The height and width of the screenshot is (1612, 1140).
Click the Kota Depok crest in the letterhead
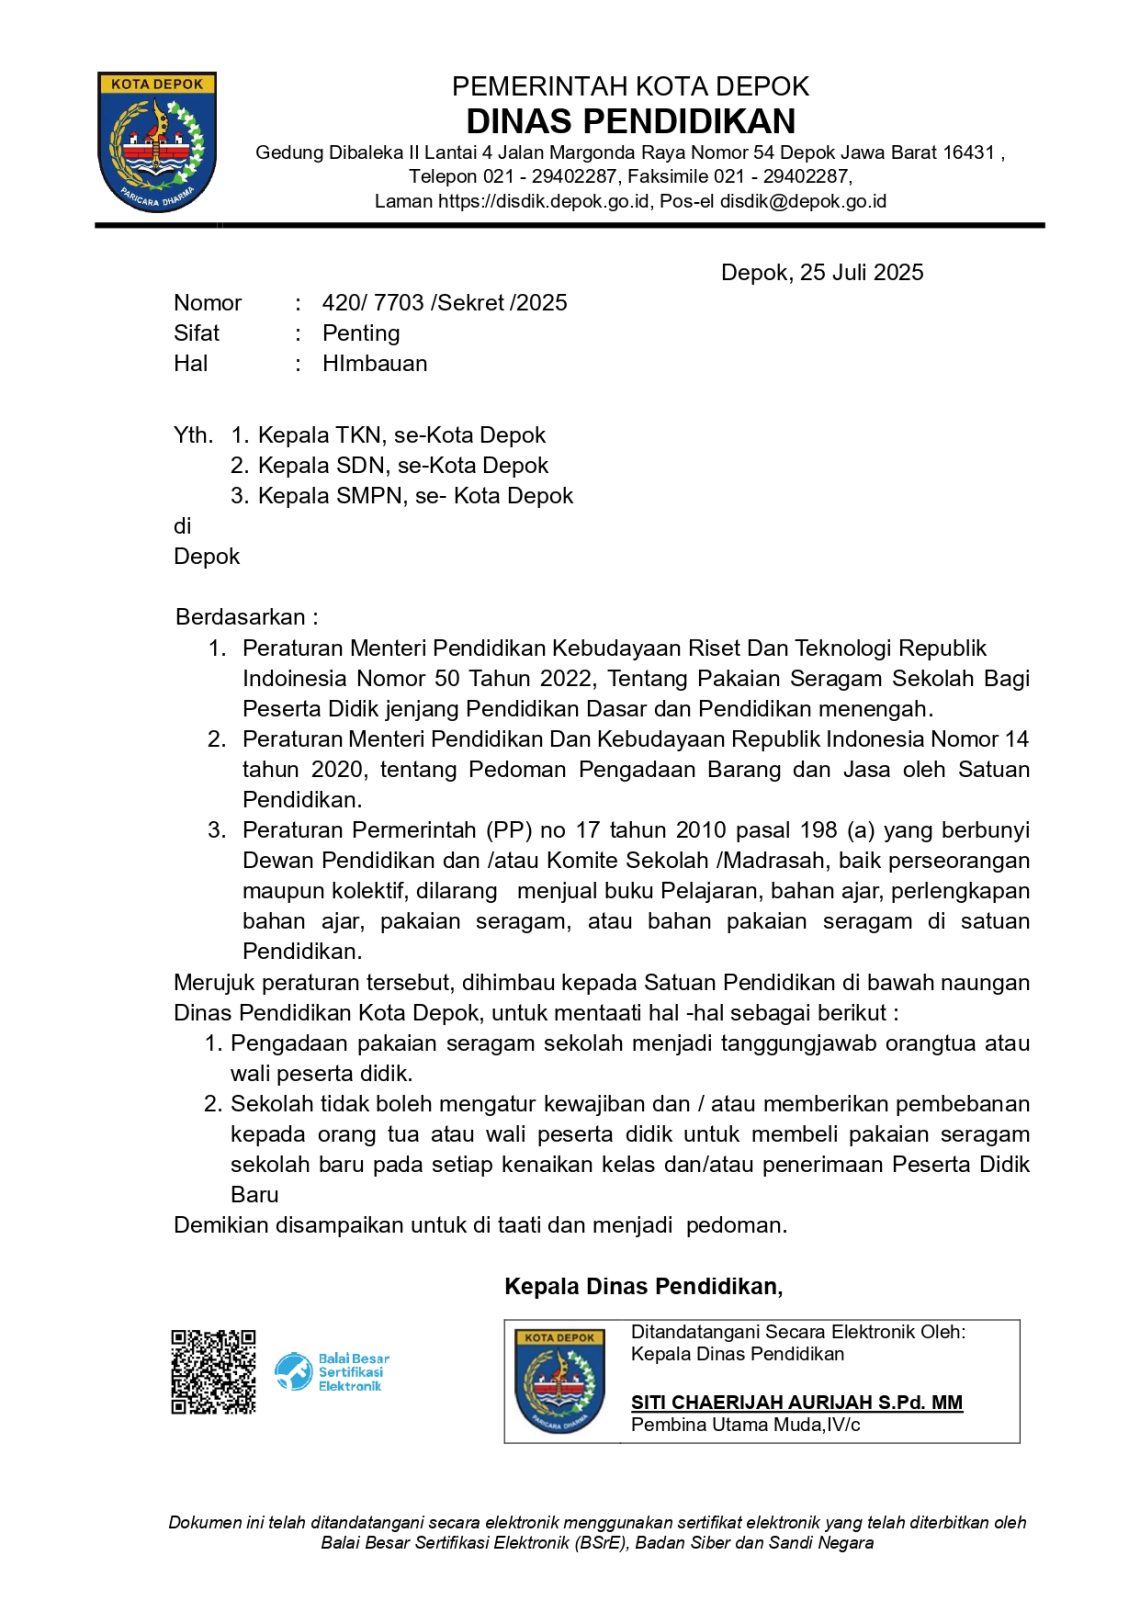tap(157, 141)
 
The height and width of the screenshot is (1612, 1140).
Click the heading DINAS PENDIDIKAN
tap(630, 121)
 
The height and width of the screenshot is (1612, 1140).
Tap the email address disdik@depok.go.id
tap(803, 201)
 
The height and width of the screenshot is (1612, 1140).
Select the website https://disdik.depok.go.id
tap(544, 201)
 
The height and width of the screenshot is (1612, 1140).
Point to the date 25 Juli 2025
tap(861, 272)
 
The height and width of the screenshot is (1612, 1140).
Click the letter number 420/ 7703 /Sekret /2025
tap(444, 303)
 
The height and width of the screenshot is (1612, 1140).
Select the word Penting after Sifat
tap(361, 333)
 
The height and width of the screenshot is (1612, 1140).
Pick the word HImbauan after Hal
tap(375, 363)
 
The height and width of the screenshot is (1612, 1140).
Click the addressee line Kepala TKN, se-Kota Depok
tap(401, 435)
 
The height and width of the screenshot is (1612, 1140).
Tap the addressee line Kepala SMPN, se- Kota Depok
tap(415, 496)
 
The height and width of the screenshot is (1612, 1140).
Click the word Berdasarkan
tap(240, 617)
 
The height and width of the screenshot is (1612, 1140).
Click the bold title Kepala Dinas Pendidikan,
tap(643, 1286)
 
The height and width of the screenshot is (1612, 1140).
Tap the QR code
tap(213, 1371)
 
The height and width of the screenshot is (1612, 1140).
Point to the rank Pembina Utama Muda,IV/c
tap(745, 1425)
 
